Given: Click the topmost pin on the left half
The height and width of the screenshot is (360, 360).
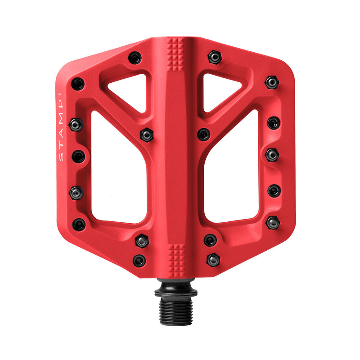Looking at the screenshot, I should point(135,58).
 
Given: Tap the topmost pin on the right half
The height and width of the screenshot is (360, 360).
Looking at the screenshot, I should point(215,57).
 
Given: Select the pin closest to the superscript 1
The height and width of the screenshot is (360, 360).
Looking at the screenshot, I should point(77,84).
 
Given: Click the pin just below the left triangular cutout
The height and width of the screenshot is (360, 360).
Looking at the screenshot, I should point(147,135).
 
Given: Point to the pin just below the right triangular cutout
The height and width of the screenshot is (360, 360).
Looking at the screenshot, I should point(204,135).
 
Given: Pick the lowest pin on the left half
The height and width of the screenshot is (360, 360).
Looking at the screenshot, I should point(139,261).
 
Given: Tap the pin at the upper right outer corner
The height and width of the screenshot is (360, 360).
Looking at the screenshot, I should point(272,82).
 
